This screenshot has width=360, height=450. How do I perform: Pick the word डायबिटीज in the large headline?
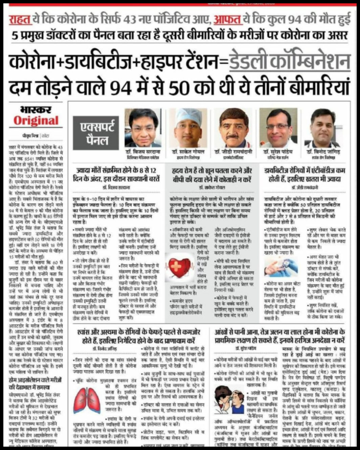coord(121,61)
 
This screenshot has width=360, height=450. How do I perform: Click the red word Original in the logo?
coord(36,120)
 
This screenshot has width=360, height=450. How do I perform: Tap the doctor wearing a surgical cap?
coord(188,127)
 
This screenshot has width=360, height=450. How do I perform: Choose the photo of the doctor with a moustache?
coord(233,127)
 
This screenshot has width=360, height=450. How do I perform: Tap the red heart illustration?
coord(178,269)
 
